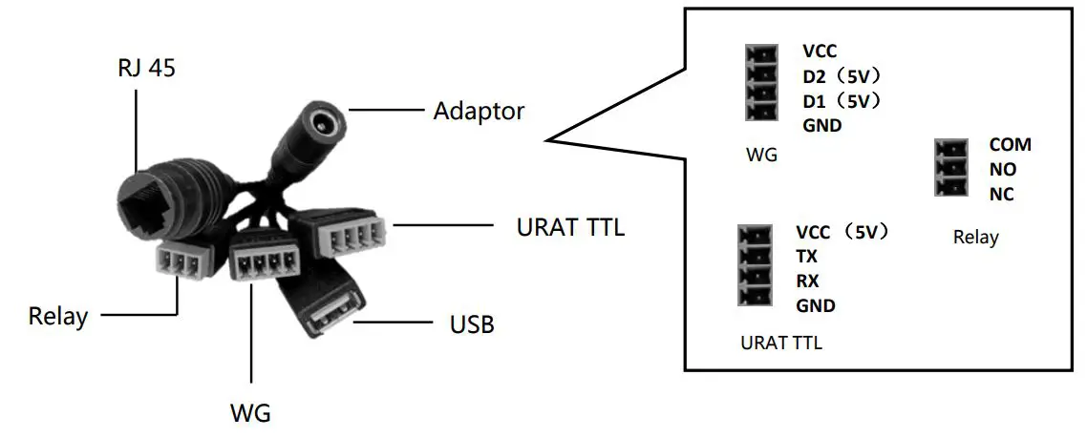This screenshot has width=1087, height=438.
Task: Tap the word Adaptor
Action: coord(479,111)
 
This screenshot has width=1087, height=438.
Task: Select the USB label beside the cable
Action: coord(472,324)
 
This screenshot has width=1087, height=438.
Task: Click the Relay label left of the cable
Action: coord(58,315)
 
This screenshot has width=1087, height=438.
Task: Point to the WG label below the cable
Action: coord(251,413)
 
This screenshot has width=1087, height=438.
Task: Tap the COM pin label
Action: coord(1010,145)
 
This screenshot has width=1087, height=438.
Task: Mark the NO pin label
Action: coord(1003,170)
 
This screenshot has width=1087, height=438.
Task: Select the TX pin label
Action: coord(807,257)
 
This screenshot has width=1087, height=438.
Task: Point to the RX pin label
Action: coord(807,282)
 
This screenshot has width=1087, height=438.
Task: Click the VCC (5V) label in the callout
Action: coord(842,232)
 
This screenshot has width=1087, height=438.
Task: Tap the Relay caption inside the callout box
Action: coord(975,237)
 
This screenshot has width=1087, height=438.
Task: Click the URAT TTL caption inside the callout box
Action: coord(781,343)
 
